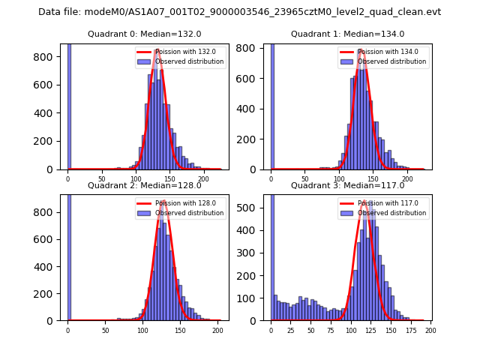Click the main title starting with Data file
[x=239, y=12]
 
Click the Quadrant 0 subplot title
[x=144, y=34]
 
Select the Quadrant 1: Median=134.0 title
[x=347, y=34]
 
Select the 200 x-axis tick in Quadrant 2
[x=217, y=329]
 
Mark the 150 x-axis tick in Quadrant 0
[x=169, y=178]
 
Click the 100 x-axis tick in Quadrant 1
[x=339, y=178]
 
